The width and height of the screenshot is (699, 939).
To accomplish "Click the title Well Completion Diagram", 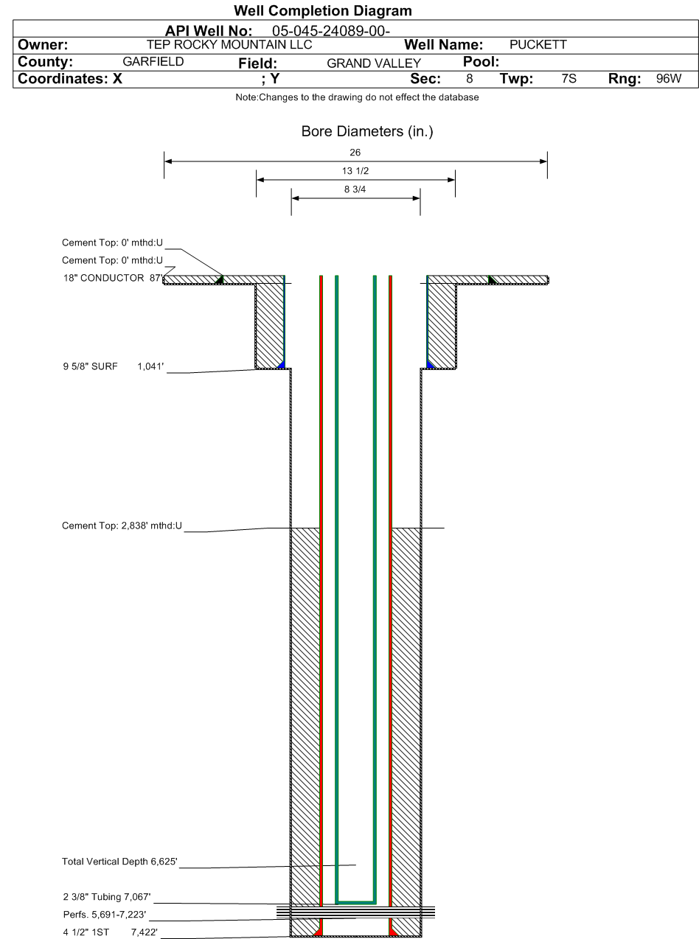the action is [x=323, y=10].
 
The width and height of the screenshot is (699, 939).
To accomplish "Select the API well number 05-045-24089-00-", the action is [x=331, y=31].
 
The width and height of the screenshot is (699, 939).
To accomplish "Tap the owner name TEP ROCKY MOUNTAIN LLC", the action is [x=229, y=44].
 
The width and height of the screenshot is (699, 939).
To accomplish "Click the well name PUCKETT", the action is [x=538, y=44].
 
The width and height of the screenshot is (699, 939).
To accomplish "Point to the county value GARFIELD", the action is [x=153, y=61].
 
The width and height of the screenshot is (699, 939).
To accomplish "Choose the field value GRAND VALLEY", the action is [x=374, y=63].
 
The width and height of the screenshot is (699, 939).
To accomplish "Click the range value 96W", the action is [x=669, y=78].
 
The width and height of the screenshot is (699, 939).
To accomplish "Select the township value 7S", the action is [x=569, y=78].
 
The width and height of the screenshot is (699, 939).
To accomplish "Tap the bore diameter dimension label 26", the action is [x=355, y=153].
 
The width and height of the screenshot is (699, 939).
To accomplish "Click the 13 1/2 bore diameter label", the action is [x=355, y=170].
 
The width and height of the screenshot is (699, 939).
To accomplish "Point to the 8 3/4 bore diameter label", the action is [x=355, y=189].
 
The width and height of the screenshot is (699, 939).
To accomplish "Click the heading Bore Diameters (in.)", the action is [x=367, y=132].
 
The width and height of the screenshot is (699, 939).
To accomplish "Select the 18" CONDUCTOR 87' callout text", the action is [x=114, y=278].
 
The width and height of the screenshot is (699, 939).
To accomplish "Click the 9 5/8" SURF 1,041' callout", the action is [x=114, y=366].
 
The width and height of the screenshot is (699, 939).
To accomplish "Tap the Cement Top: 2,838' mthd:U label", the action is [x=122, y=526].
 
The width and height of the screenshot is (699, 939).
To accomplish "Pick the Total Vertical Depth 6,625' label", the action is [x=119, y=862].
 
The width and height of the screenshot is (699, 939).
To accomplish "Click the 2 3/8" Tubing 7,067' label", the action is [x=107, y=897].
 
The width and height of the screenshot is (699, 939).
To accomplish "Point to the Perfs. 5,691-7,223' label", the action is [x=105, y=915].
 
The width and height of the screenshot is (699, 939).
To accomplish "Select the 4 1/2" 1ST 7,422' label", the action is [x=111, y=932].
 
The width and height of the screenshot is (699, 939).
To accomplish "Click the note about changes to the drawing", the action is [x=357, y=97].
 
